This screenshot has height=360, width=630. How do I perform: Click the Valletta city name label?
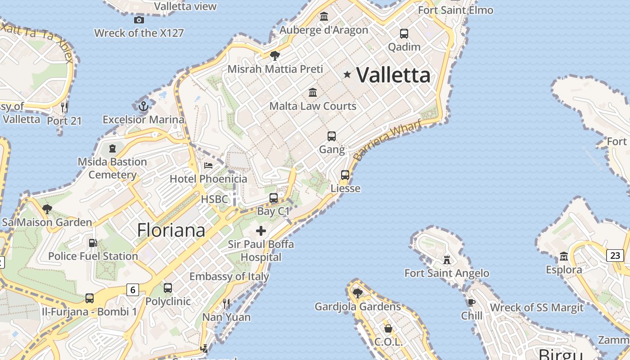pos(393,75)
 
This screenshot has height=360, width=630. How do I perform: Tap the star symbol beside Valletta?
pos(347,74)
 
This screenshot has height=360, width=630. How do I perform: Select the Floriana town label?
pos(171,230)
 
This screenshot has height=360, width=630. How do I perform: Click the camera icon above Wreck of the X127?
pos(139,19)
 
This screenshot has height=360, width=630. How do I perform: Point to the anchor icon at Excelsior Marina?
pos(143,107)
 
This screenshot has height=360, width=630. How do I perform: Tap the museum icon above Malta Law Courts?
pos(313,93)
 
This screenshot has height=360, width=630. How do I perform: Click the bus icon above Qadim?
pos(404,33)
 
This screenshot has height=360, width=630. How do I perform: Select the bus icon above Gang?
pos(332,136)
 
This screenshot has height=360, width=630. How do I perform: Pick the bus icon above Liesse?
pos(345,175)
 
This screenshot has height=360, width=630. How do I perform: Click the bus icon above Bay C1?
pos(274,198)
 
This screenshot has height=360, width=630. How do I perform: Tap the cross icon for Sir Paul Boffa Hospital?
pos(261,231)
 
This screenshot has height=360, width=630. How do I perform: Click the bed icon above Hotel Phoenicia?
pos(208,165)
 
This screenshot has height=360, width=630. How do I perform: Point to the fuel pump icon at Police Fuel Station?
pos(93,243)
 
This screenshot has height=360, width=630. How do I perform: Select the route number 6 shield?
pos(132,289)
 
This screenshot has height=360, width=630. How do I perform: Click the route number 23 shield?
pos(615,256)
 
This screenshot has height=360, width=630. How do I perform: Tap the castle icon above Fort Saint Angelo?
pos(447,260)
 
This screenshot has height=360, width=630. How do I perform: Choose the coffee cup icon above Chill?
pos(472,302)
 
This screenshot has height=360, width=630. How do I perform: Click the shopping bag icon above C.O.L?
pos(388,329)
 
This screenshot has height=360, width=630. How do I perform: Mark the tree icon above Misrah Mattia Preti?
pos(275,56)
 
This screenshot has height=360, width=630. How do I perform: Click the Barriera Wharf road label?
pos(387,139)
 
